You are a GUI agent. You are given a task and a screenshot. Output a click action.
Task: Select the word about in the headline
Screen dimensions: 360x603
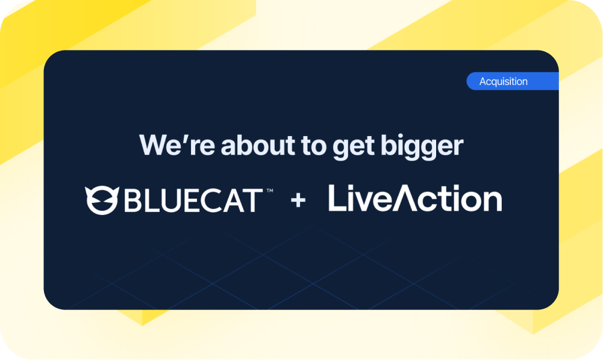coord(242,146)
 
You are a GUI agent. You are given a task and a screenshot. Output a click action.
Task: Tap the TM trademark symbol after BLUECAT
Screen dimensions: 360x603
coord(269,191)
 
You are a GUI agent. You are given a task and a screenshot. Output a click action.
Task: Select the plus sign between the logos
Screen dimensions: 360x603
coord(298,200)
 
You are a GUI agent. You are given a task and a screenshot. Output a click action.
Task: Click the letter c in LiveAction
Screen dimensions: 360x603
coord(426,202)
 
